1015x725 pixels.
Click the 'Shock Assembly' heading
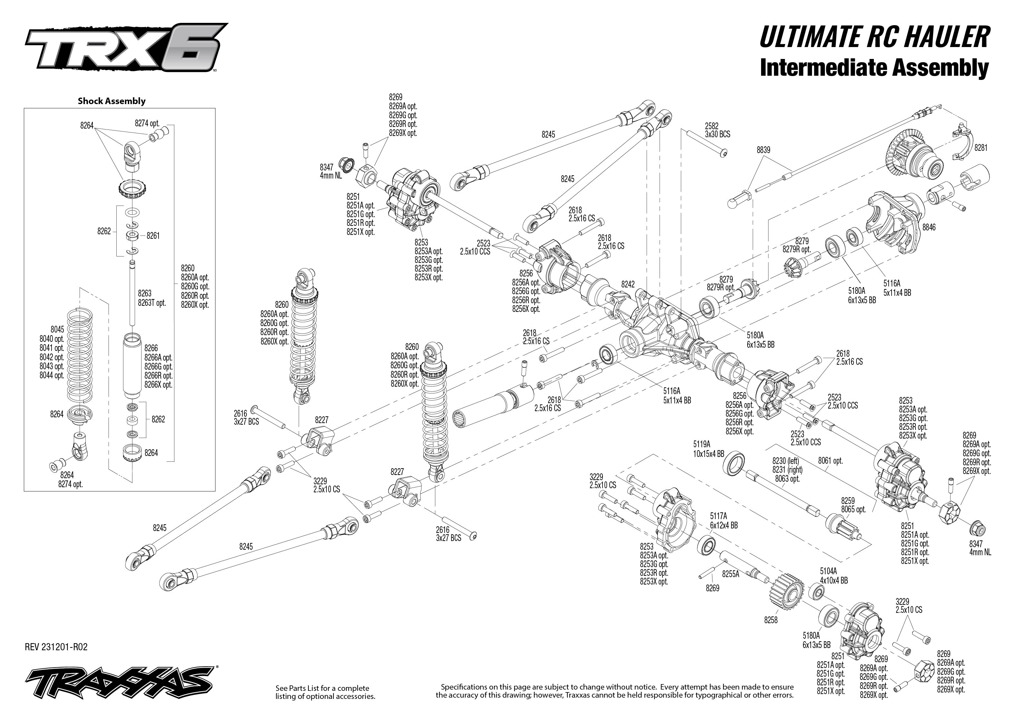coord(111,101)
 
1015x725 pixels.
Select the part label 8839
coord(763,150)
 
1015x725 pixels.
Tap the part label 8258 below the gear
coord(770,620)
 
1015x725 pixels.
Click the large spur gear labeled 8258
coord(786,594)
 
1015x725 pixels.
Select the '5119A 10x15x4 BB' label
coord(708,449)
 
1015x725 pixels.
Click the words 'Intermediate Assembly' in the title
coord(874,68)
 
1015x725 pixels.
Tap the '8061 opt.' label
coord(830,461)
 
